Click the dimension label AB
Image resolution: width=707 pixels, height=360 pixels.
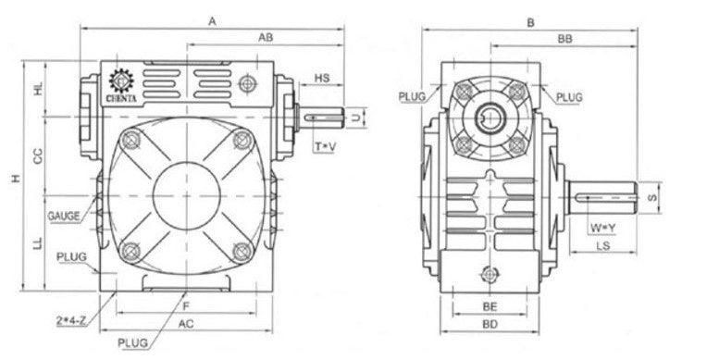pos(265,36)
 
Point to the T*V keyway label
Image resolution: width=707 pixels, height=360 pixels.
pos(325,146)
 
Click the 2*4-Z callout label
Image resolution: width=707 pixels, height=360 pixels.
pos(71,320)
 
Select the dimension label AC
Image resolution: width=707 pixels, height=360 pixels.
pos(185,323)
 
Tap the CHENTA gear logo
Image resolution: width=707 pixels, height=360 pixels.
pos(122,84)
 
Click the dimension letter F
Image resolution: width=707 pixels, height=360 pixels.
pos(186,304)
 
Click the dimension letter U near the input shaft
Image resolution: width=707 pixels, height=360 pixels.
pos(356,117)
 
